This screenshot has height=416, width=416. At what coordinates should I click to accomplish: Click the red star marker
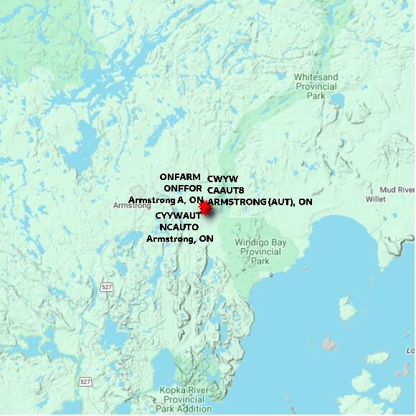[205, 208]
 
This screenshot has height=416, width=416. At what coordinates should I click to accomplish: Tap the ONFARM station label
[180, 177]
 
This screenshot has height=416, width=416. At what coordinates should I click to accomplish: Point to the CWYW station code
[222, 179]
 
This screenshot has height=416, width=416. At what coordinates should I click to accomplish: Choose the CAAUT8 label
[226, 190]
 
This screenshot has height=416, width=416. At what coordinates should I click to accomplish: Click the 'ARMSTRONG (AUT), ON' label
[260, 202]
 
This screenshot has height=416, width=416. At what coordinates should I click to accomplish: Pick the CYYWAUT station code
[178, 216]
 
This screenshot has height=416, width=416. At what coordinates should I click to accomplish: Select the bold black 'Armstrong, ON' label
[180, 239]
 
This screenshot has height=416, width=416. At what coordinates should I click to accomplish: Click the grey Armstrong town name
[132, 206]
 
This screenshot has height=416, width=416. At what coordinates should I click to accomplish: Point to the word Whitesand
[316, 77]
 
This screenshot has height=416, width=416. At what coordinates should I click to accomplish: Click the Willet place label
[376, 199]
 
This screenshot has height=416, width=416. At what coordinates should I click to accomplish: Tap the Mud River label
[397, 189]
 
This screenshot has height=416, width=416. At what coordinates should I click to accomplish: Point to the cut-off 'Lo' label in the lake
[410, 351]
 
